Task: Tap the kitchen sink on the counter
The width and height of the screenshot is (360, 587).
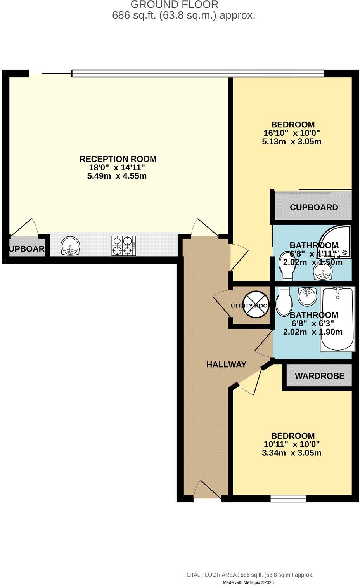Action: pyautogui.click(x=70, y=246)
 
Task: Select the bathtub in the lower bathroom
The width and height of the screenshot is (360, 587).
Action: pyautogui.click(x=337, y=319)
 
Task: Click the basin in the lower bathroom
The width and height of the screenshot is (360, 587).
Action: pyautogui.click(x=308, y=297)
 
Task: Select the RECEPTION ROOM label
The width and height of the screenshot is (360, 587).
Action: pyautogui.click(x=118, y=159)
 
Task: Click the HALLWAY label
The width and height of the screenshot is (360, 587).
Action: pyautogui.click(x=226, y=365)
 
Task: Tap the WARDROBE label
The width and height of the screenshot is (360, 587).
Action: pyautogui.click(x=319, y=376)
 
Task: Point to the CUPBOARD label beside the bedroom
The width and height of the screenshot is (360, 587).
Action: pyautogui.click(x=314, y=207)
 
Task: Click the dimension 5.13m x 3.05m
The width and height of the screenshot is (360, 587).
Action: pyautogui.click(x=292, y=142)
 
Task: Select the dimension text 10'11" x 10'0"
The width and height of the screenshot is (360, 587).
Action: pyautogui.click(x=292, y=444)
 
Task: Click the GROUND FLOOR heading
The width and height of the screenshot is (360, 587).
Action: pyautogui.click(x=174, y=5)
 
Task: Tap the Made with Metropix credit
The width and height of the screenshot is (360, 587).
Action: pyautogui.click(x=248, y=583)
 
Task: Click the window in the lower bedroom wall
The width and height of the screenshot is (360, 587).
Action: pyautogui.click(x=288, y=498)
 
